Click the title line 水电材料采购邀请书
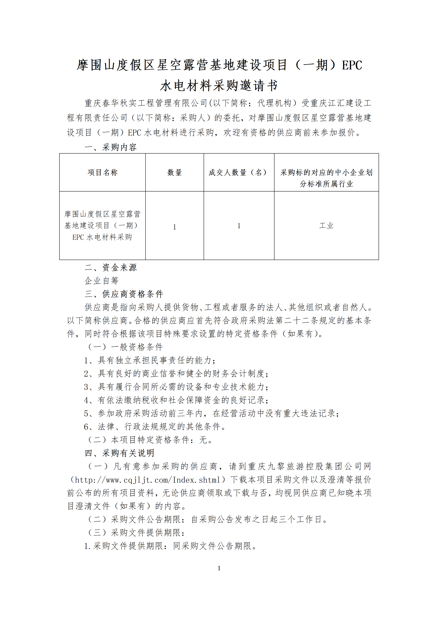tap(219, 86)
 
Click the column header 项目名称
tap(102, 172)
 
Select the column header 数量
tap(175, 172)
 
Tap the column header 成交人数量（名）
tap(239, 172)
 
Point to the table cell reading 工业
tap(326, 225)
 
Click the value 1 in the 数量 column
tap(175, 227)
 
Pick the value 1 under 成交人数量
tap(239, 226)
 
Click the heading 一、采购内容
tap(111, 147)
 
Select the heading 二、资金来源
tap(111, 267)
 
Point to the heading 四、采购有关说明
tap(119, 453)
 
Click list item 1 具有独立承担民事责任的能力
tap(150, 360)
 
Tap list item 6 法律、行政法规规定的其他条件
tap(155, 426)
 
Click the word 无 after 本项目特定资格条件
tap(203, 440)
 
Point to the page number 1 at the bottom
tap(219, 568)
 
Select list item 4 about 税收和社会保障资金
tap(176, 400)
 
